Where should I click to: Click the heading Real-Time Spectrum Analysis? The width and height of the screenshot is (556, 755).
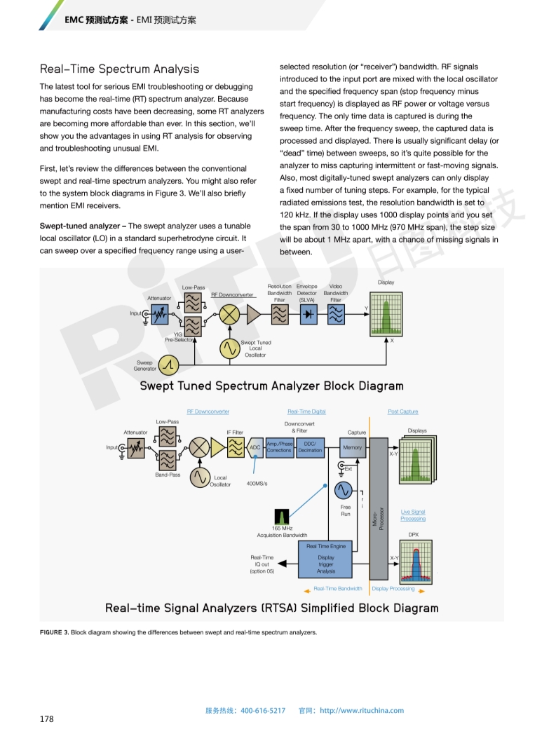119,69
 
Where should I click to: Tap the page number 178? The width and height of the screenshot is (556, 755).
47,719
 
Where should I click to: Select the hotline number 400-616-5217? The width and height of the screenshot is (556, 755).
263,711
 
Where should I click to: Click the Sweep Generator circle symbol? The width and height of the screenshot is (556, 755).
168,365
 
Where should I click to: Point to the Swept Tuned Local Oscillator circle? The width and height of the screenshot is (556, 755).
229,348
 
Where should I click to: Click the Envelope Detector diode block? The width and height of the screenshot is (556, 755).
308,315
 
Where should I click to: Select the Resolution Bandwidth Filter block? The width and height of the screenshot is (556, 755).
280,315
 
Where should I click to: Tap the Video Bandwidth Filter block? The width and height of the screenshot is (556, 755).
336,315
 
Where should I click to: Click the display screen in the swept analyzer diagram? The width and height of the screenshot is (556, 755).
386,314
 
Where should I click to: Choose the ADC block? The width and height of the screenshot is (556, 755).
255,448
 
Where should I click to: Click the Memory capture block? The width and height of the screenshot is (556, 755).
353,448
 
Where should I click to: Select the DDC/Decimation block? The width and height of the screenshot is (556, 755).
310,448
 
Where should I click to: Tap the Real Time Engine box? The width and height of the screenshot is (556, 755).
326,559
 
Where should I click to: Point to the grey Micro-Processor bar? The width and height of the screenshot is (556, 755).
379,509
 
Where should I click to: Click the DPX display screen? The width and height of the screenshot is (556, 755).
416,562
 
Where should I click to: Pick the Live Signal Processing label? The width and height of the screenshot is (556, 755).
413,515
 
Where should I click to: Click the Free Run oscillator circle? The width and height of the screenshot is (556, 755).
344,491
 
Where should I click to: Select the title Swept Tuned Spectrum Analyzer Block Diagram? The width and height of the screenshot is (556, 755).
271,386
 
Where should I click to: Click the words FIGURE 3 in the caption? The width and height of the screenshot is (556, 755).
55,632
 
